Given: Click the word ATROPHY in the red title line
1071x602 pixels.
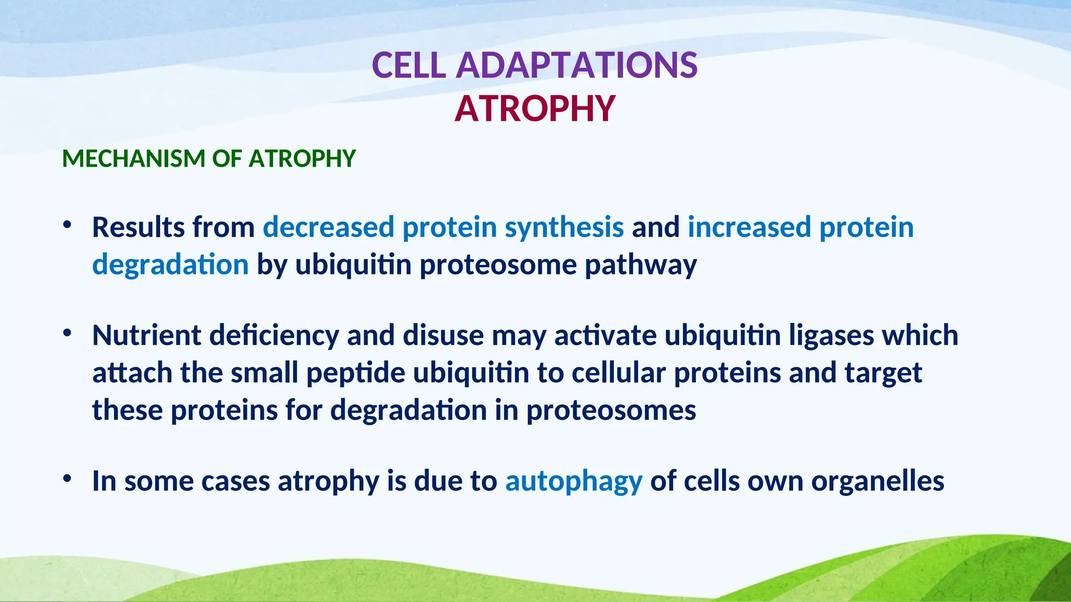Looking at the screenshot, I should pos(534,109).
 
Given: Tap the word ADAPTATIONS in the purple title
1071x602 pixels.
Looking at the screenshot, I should pos(576,66).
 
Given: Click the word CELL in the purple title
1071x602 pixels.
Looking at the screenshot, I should pos(408,66).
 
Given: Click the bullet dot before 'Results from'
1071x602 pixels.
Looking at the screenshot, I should pos(66,225).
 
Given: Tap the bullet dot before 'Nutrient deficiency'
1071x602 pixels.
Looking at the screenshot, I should pos(66,333).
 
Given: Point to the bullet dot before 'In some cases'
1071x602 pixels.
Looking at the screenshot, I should pos(66,479).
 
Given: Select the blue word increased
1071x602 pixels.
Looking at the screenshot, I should pos(749,227).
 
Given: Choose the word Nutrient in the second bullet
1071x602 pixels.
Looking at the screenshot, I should pos(146,335).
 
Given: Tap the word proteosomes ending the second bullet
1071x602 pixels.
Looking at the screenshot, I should pos(611,410).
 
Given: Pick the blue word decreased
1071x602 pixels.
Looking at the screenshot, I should pos(328,227).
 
